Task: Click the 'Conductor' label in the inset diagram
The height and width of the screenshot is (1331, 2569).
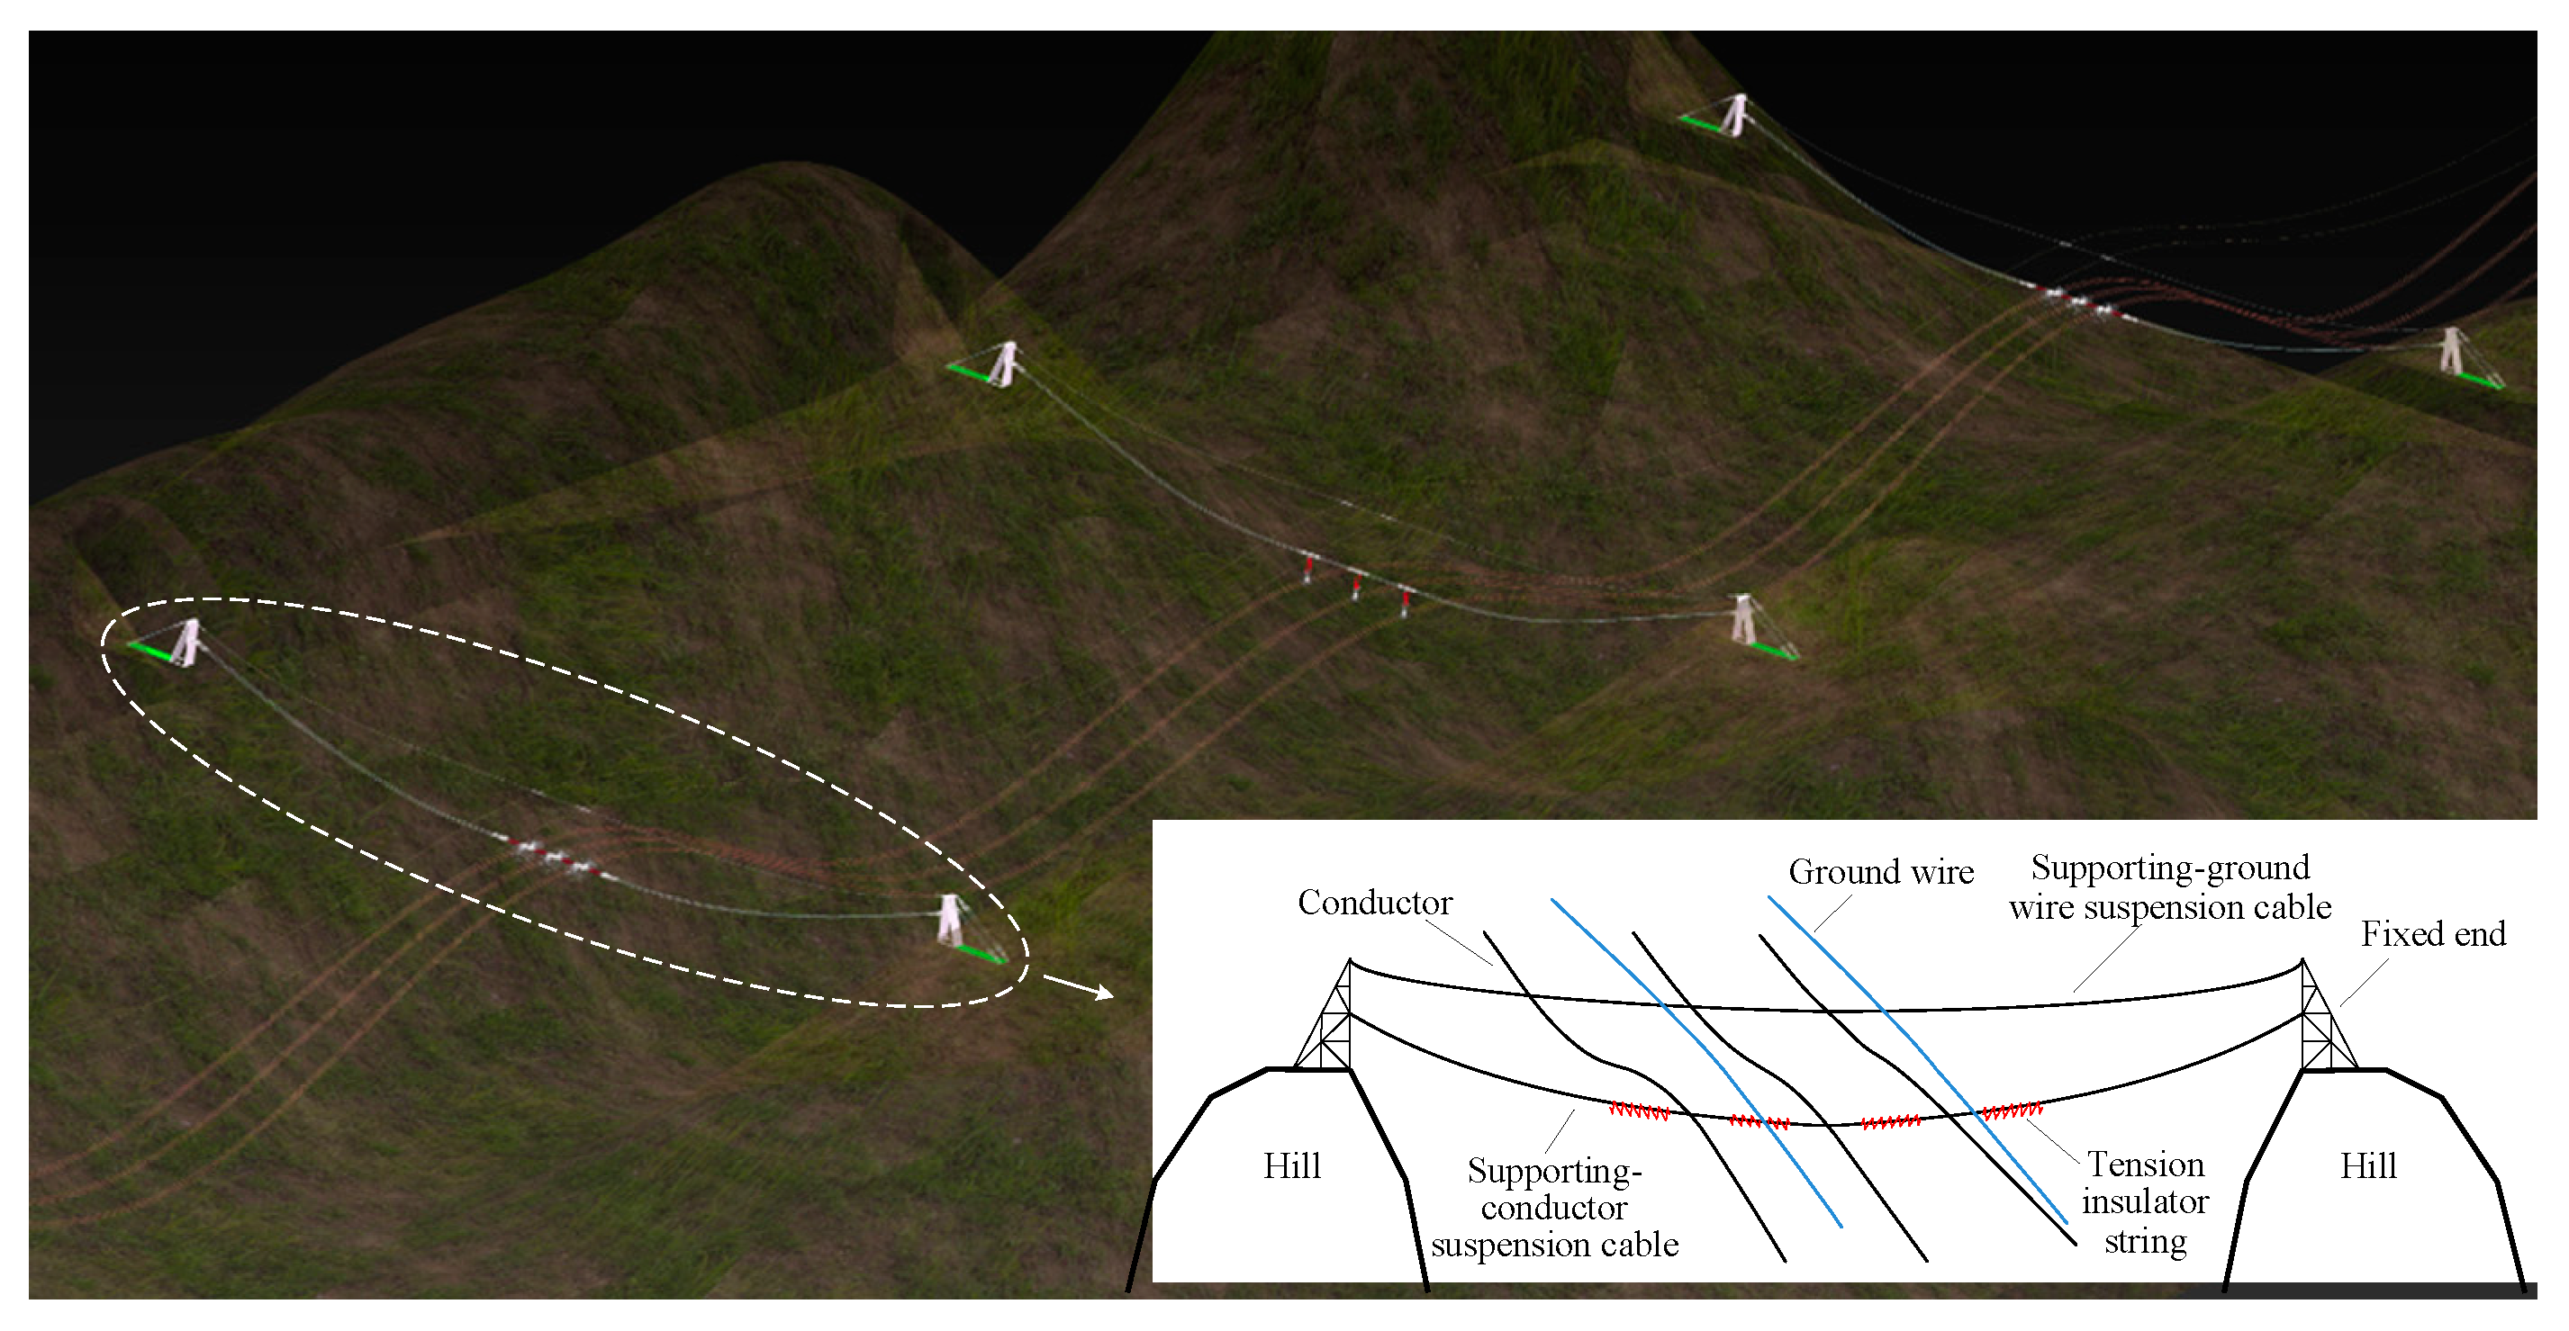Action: (1374, 903)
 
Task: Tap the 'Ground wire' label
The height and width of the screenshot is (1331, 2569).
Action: (1881, 872)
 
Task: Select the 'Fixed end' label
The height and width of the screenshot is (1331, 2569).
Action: (2432, 934)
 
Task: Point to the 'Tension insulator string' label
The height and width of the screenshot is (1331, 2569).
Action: (2145, 1202)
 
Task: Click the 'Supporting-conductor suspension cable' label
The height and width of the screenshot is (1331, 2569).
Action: (1554, 1208)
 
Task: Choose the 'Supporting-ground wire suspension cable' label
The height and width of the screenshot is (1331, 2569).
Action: (2170, 887)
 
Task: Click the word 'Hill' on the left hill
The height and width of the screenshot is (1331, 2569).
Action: (1291, 1165)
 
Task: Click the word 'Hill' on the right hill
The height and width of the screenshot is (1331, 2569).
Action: (2367, 1165)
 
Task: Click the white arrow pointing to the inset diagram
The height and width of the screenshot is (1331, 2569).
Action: (1078, 987)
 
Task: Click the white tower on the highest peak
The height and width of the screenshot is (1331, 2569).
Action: (1736, 114)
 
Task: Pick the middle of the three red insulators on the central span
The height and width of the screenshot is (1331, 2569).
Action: (1356, 585)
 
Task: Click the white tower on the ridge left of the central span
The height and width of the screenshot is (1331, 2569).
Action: (1004, 363)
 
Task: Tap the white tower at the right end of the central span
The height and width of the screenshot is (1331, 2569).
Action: (1743, 619)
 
